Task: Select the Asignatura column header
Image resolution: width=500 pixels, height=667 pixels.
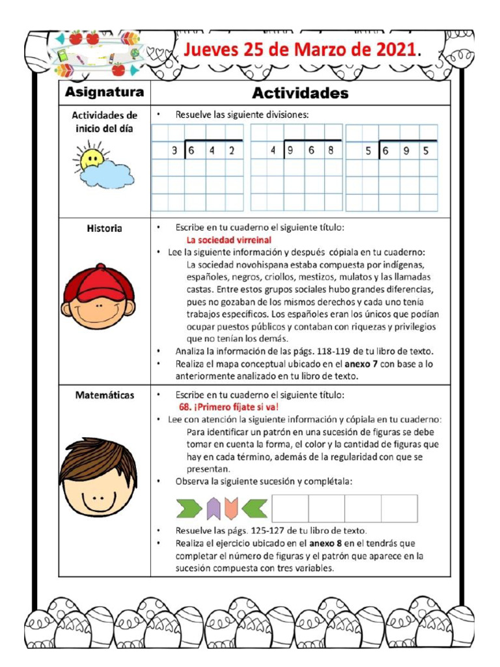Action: pos(104,92)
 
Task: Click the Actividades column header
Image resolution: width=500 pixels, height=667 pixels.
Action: pos(300,92)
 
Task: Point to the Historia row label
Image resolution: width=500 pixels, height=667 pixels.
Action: pos(104,229)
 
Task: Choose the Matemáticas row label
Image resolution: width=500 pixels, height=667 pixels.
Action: pos(104,395)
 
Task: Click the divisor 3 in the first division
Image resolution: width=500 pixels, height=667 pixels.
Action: pos(174,151)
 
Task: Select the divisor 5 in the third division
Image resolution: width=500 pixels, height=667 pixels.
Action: pos(368,151)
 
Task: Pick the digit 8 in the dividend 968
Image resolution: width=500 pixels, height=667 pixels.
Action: pos(331,151)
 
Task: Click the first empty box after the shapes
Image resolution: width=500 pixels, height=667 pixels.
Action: pos(290,508)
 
